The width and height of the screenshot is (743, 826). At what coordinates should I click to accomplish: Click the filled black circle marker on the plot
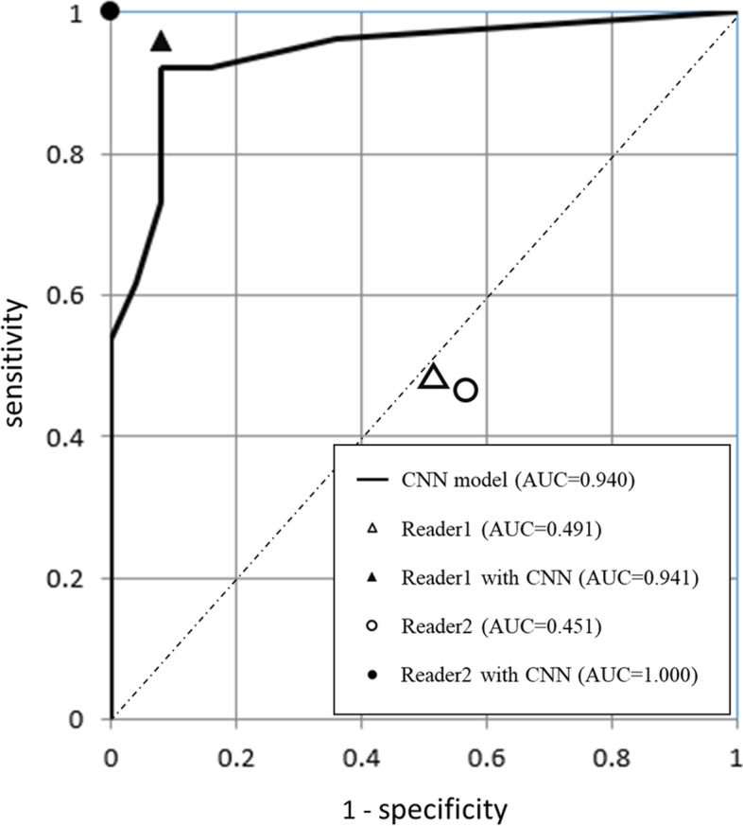click(x=111, y=11)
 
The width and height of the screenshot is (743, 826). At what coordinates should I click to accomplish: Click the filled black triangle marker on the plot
click(x=161, y=42)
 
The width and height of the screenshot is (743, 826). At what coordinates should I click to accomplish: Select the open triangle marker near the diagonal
click(x=433, y=377)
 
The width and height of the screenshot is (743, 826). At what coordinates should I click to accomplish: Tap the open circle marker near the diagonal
click(x=465, y=389)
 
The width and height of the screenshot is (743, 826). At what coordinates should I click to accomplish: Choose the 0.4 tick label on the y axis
click(x=72, y=436)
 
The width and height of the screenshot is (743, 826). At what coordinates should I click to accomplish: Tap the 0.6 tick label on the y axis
click(x=72, y=295)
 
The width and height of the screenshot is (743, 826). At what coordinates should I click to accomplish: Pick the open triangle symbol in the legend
click(x=376, y=530)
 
